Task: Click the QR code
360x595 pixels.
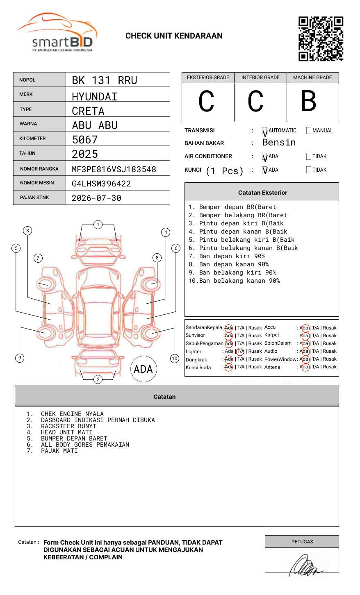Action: pyautogui.click(x=321, y=39)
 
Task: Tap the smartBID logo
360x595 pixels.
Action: pyautogui.click(x=58, y=32)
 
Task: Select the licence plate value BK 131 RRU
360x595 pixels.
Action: pyautogui.click(x=105, y=80)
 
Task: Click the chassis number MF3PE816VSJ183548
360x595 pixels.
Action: pyautogui.click(x=114, y=169)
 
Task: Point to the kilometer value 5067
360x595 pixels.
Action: pyautogui.click(x=85, y=140)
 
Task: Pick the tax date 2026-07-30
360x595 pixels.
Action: pyautogui.click(x=96, y=198)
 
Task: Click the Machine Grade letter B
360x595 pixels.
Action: pyautogui.click(x=309, y=101)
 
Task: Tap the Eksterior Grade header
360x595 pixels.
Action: pyautogui.click(x=208, y=77)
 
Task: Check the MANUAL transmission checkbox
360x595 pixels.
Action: pyautogui.click(x=309, y=130)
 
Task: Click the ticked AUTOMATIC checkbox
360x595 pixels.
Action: pyautogui.click(x=264, y=131)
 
